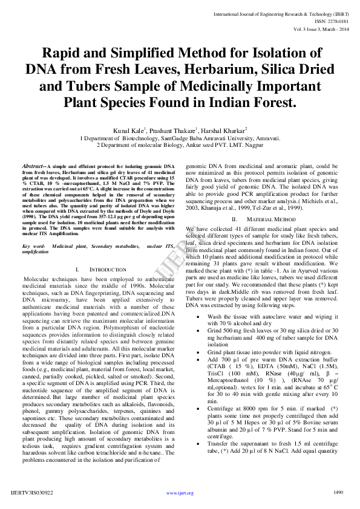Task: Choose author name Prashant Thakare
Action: pyautogui.click(x=175, y=130)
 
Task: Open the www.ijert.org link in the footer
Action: pyautogui.click(x=180, y=493)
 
